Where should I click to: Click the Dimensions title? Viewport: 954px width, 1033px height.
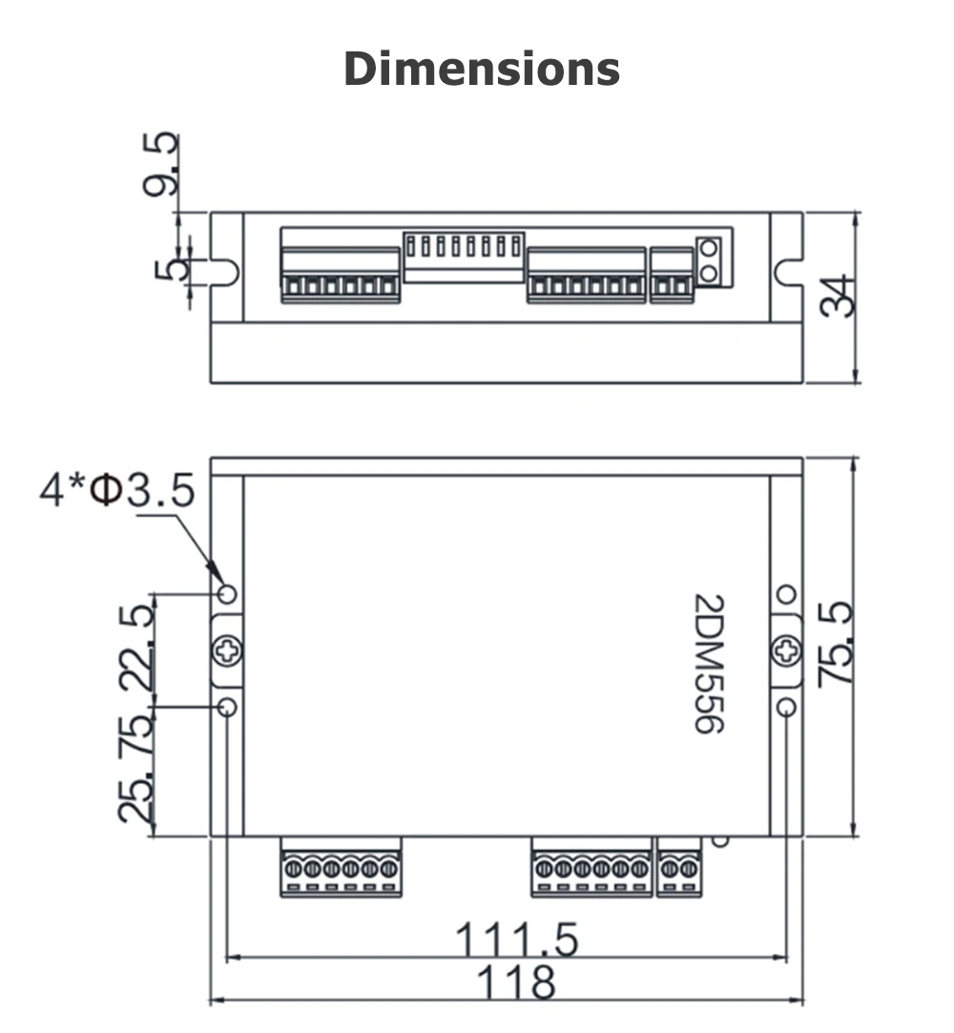coord(481,70)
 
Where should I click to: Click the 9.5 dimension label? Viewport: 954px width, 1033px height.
coord(160,164)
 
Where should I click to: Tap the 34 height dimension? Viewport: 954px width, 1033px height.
coord(837,296)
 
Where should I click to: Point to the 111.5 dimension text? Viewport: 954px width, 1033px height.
coord(517,940)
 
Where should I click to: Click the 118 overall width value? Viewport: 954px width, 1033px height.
coord(515,981)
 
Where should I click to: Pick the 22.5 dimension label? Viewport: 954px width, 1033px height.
coord(135,649)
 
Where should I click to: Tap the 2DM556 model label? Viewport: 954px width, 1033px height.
coord(708,664)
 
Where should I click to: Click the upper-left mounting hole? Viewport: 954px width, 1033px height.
coord(227,594)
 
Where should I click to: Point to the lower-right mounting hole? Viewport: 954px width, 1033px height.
coord(786,707)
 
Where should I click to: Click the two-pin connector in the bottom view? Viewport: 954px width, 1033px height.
coord(678,869)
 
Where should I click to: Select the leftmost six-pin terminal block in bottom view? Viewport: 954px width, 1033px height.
coord(341,869)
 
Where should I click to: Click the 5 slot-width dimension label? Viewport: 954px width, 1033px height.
coord(169,270)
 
